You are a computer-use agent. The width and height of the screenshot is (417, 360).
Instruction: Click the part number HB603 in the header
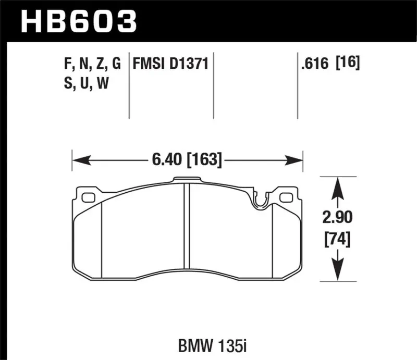pos(78,21)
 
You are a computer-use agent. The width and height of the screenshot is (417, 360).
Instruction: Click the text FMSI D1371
pos(171,65)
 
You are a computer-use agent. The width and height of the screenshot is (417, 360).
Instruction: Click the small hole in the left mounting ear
pos(88,197)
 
